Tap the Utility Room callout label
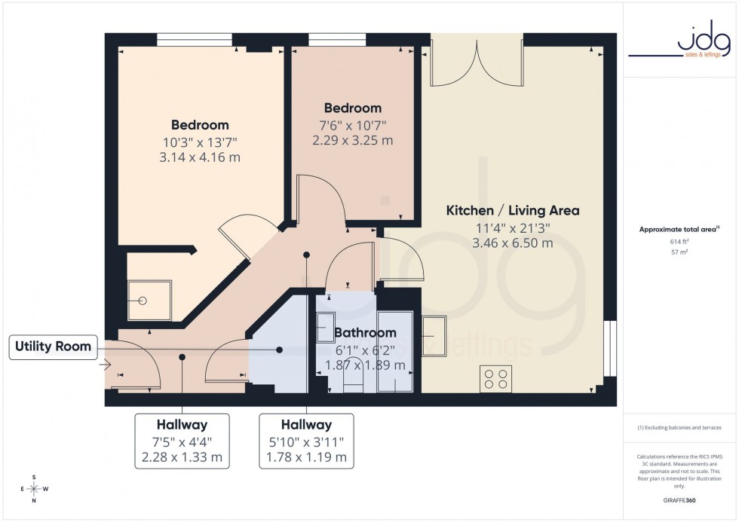click(53, 346)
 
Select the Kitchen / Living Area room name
click(513, 210)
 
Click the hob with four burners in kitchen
click(495, 378)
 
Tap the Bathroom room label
click(366, 332)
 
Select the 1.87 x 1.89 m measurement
click(366, 365)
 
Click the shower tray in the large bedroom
click(143, 299)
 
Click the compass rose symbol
click(34, 489)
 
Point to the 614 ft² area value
click(680, 242)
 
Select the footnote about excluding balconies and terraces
click(680, 427)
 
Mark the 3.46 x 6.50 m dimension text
click(513, 243)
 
